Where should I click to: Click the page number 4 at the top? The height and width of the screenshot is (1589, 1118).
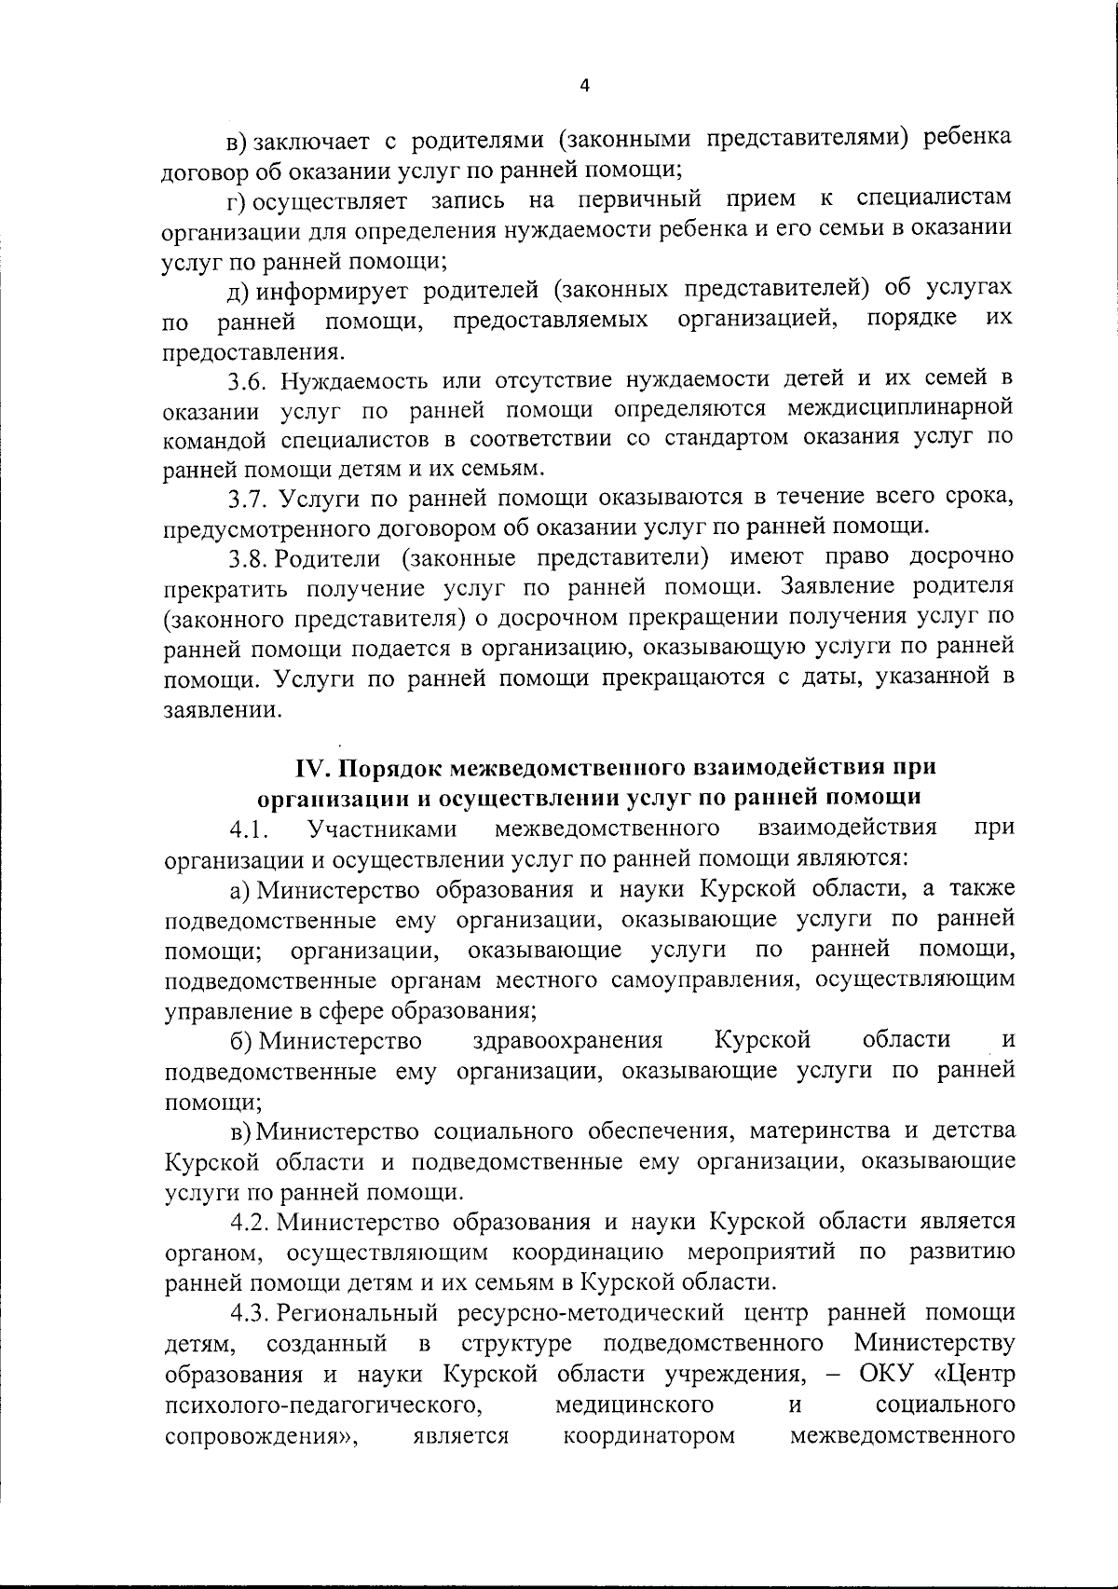[584, 86]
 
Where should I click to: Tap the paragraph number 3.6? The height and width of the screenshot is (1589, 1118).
[249, 380]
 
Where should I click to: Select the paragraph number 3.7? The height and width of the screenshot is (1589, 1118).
[249, 499]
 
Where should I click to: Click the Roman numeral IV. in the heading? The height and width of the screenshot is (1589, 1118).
[313, 767]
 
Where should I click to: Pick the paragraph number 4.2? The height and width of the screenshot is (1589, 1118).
[251, 1221]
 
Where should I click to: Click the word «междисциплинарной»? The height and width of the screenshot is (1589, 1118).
[900, 409]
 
